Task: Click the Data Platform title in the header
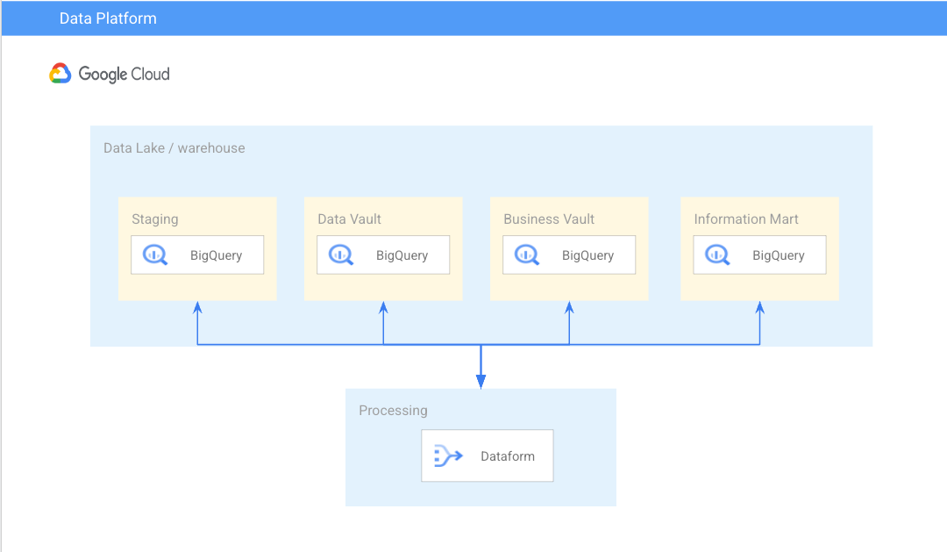tap(108, 18)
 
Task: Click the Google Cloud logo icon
tap(60, 74)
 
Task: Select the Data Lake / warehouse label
tap(174, 148)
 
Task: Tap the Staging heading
tap(154, 219)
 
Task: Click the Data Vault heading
tap(349, 219)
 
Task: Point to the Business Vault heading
tap(549, 219)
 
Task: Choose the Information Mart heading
tap(746, 219)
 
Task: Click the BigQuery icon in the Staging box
tap(155, 255)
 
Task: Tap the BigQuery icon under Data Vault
tap(341, 255)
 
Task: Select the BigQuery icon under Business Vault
tap(527, 255)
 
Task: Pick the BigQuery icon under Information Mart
tap(717, 255)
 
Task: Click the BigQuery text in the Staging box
tap(216, 255)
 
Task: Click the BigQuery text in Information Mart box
tap(778, 255)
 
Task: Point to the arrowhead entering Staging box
tap(197, 308)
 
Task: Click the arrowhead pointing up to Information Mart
tap(759, 308)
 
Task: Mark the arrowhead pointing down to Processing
tap(481, 381)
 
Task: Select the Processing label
tap(393, 411)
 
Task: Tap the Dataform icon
tap(448, 455)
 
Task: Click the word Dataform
tap(507, 456)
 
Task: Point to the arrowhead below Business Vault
tap(569, 308)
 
